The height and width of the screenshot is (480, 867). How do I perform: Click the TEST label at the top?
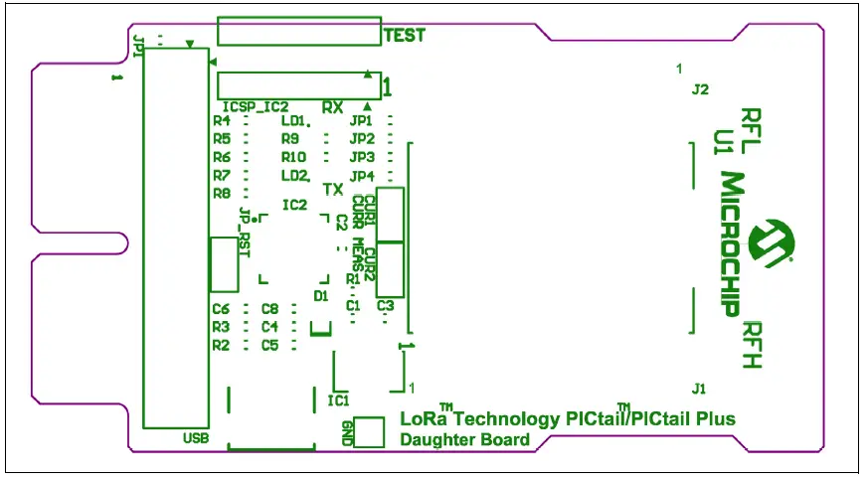tap(405, 35)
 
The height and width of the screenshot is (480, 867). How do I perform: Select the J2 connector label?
tap(700, 89)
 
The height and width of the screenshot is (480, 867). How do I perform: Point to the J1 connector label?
tap(700, 387)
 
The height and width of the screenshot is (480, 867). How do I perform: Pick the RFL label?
tap(752, 130)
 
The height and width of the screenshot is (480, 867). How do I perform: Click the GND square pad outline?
tap(369, 431)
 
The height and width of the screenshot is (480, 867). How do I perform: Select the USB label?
tap(196, 438)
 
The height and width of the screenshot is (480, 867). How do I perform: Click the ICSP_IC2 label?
tap(255, 106)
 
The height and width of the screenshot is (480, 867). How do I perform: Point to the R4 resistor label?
tap(222, 120)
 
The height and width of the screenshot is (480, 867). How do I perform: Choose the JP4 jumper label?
tap(362, 176)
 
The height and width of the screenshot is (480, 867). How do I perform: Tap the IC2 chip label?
tap(294, 205)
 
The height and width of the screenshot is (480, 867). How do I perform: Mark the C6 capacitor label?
tap(221, 308)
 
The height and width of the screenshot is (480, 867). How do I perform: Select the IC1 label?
tap(338, 400)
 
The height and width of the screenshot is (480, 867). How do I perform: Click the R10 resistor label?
tap(293, 157)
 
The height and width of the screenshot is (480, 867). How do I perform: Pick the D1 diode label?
tap(320, 295)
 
